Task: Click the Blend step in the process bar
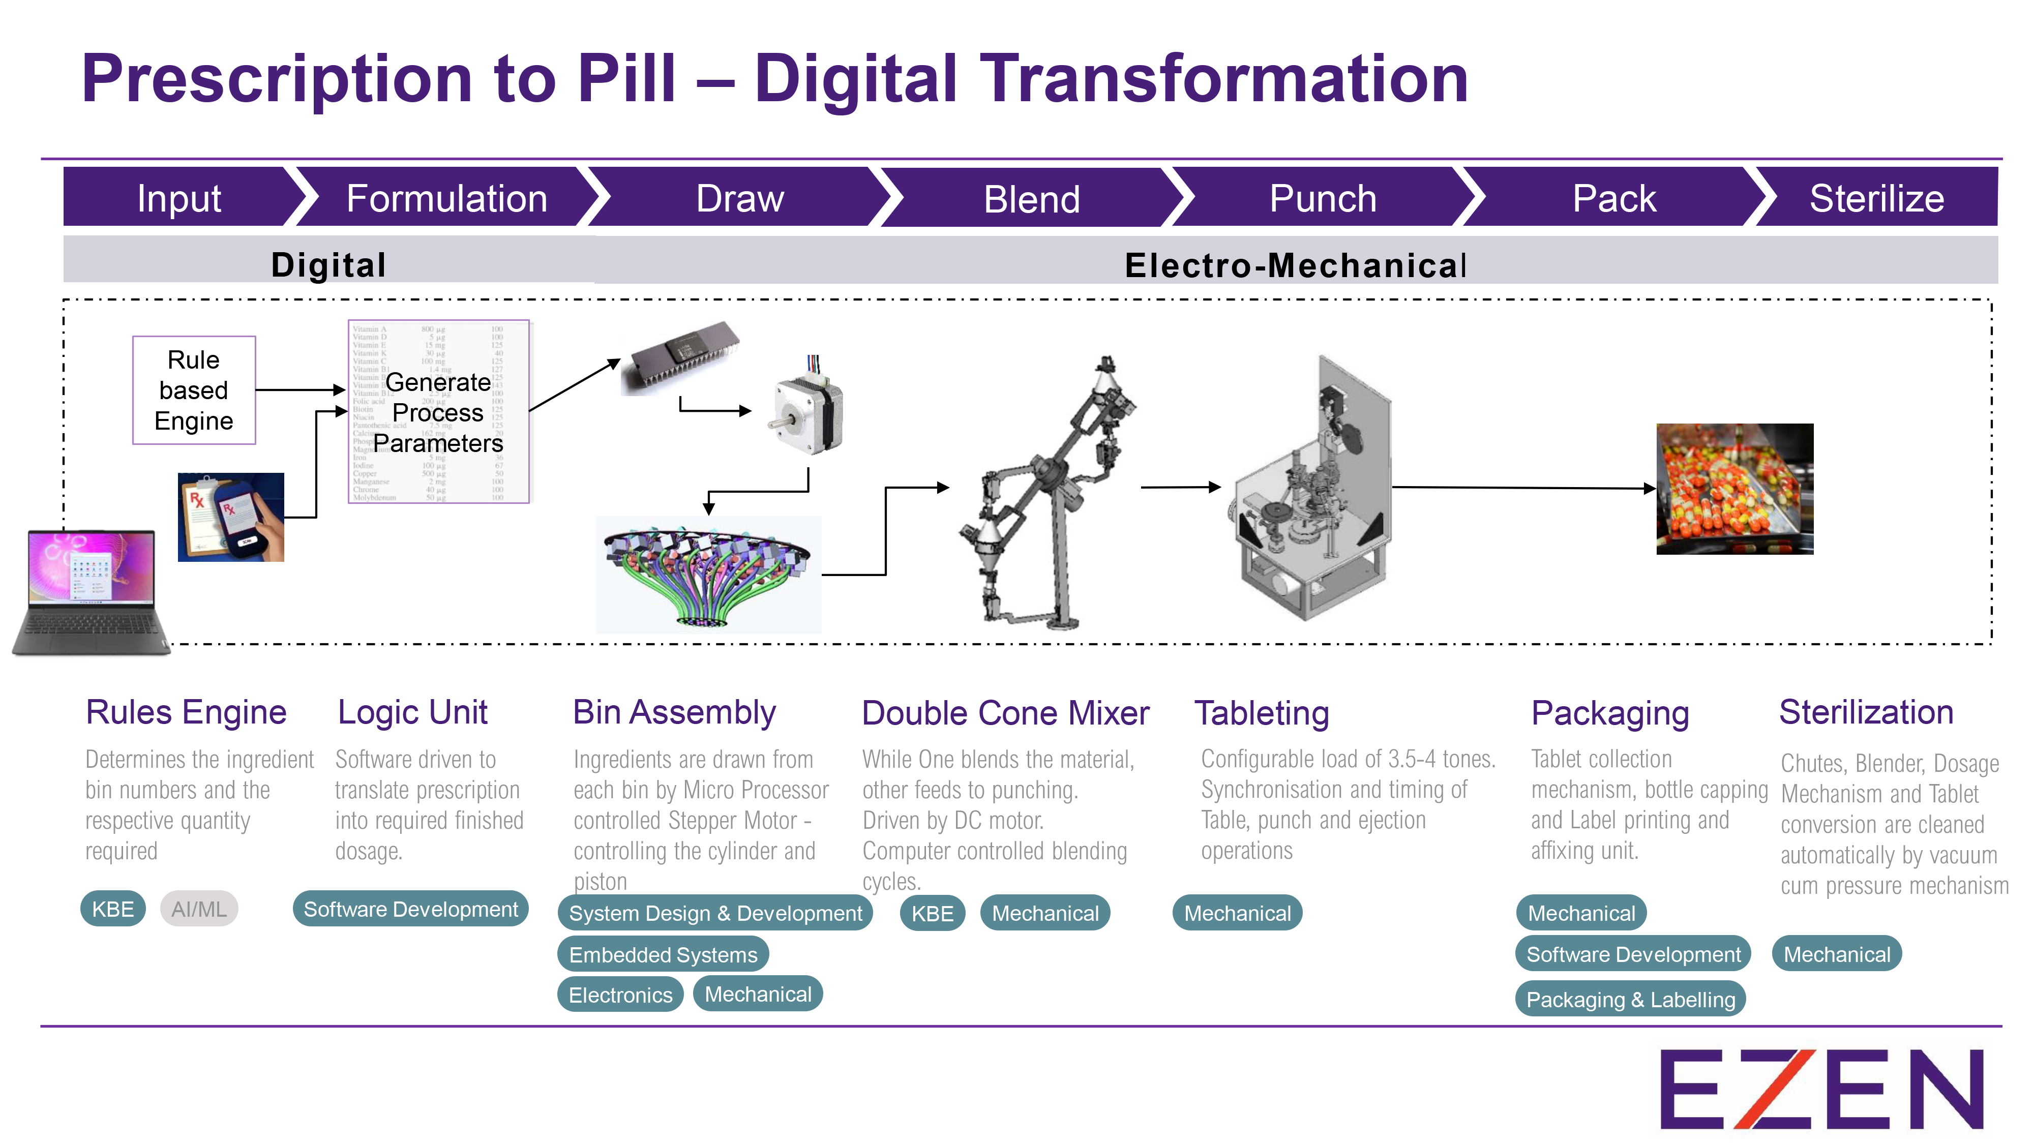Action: coord(1031,198)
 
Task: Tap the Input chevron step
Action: coord(178,198)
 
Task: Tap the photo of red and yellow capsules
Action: coord(1734,489)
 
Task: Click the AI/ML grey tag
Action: coord(198,909)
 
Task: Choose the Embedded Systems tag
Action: coord(663,954)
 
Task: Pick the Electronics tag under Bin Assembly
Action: coord(620,995)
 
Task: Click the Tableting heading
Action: coord(1261,713)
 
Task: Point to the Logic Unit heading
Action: coord(412,712)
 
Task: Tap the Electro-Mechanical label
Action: coord(1295,265)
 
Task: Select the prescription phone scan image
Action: coord(230,517)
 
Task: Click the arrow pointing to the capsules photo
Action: coord(1524,488)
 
